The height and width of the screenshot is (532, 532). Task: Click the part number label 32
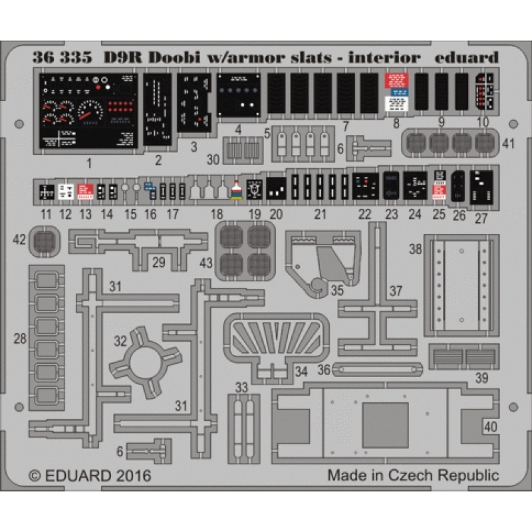click(120, 341)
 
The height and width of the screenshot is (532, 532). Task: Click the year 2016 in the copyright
click(132, 476)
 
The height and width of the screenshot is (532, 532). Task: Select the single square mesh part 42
click(45, 239)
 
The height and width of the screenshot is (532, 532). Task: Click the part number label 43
click(206, 264)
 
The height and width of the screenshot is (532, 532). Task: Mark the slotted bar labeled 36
click(378, 369)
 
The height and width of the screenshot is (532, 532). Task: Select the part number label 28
click(21, 338)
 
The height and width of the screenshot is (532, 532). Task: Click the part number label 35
click(337, 290)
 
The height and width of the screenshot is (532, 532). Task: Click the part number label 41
click(509, 142)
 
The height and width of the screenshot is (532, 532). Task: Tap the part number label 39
click(482, 378)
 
